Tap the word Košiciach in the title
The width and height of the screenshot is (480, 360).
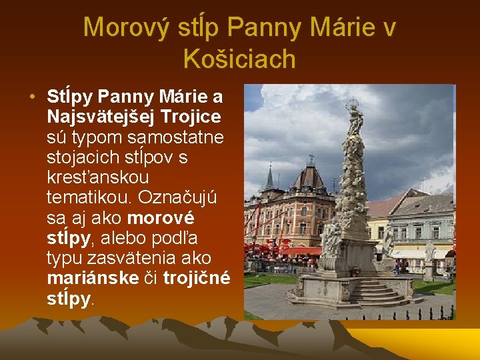point(239,59)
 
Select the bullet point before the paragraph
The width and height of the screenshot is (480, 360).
point(32,96)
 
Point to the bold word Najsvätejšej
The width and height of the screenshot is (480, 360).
point(101,117)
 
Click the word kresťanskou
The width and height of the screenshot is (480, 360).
point(97,178)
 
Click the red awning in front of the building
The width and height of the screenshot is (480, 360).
point(299,251)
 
